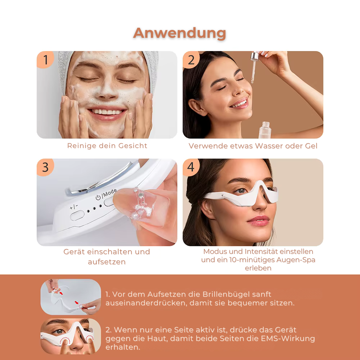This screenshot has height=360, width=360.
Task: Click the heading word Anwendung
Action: [x=179, y=33]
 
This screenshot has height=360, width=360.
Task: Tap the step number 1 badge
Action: [x=45, y=60]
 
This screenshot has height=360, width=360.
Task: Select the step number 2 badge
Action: [x=191, y=60]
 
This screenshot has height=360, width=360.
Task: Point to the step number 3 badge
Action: [x=45, y=167]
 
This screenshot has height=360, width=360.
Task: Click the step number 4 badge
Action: [x=191, y=167]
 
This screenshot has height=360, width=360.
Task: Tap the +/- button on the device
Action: [x=77, y=215]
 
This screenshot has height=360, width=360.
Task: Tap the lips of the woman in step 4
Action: [x=258, y=219]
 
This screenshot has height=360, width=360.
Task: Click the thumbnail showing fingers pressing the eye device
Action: [x=71, y=336]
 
